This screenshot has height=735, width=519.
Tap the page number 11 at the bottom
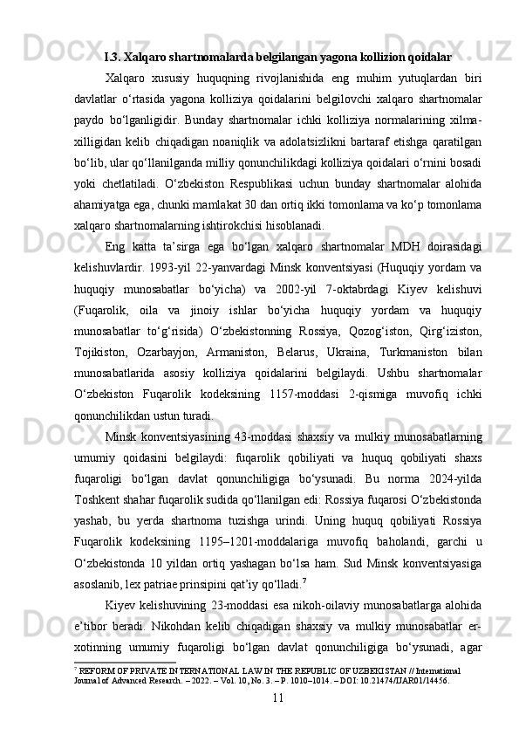(x=278, y=697)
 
